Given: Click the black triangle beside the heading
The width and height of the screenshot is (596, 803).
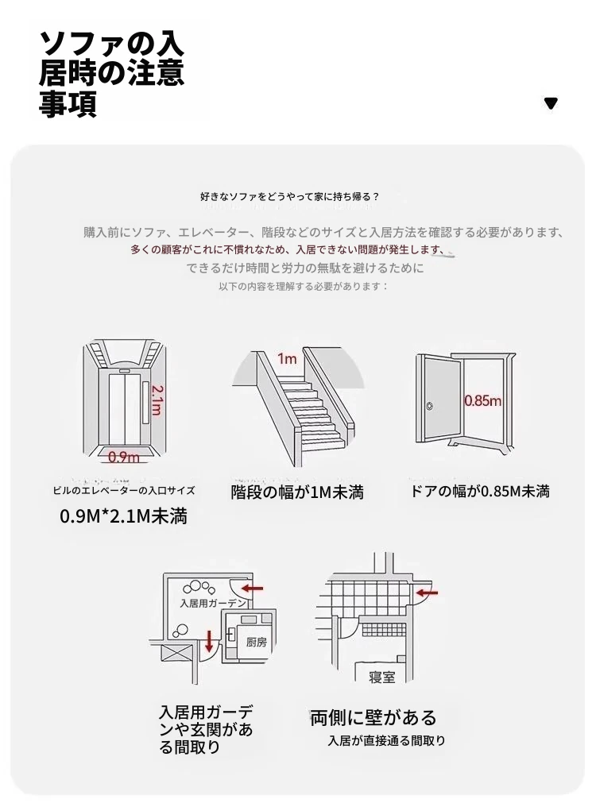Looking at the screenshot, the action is click(x=551, y=103).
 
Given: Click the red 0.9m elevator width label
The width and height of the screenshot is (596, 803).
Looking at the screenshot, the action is click(x=123, y=457).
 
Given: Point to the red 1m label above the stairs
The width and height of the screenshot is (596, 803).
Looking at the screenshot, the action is click(x=287, y=359).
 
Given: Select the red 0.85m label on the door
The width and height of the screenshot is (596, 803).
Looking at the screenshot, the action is click(x=482, y=400).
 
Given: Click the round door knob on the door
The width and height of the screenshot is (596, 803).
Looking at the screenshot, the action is click(x=429, y=407).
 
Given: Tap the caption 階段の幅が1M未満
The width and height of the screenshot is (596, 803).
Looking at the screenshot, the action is click(x=297, y=492).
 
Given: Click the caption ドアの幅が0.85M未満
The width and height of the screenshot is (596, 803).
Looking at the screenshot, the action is click(x=480, y=491).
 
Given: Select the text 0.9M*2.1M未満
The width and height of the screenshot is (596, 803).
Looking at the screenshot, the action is click(x=123, y=516).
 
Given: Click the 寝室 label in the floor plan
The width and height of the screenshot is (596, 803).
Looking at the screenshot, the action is click(x=381, y=677).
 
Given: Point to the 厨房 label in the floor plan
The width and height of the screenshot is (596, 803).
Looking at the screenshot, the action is click(x=256, y=642).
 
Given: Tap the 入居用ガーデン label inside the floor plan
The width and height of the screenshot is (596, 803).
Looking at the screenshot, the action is click(x=213, y=603).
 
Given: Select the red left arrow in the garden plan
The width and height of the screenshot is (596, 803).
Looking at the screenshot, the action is click(x=252, y=589).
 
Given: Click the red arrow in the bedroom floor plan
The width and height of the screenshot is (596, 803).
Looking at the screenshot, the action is click(x=428, y=593).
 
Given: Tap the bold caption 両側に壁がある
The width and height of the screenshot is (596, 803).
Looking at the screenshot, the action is click(x=373, y=717).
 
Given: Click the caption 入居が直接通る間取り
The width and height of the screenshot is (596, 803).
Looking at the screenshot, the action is click(x=386, y=740).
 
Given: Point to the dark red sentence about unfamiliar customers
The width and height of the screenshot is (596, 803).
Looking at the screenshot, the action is click(x=287, y=250).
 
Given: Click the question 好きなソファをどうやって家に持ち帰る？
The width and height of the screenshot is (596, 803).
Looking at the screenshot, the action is click(x=290, y=197).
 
